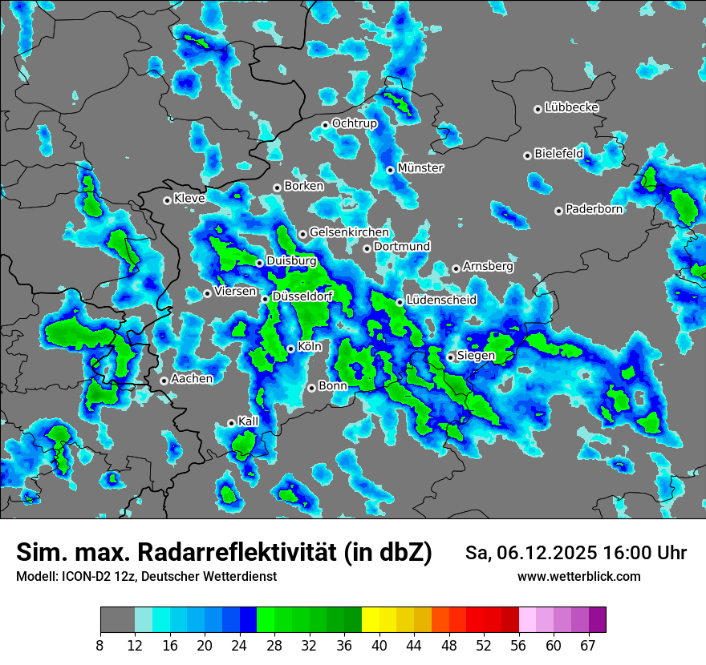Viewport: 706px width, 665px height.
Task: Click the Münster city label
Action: coord(420,168)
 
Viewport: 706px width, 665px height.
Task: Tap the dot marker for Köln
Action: coord(290,349)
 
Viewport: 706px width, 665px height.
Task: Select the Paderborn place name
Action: coord(594,209)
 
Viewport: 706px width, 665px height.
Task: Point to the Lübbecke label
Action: coord(571,107)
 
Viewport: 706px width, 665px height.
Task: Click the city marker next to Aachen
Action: coord(164,381)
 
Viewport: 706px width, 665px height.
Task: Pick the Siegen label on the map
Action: coord(476,356)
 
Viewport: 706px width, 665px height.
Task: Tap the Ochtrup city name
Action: coord(355,123)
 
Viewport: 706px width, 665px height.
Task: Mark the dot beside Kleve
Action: coord(167,200)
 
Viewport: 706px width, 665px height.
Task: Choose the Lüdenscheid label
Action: coord(441,300)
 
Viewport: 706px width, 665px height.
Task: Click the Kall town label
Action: coord(248,421)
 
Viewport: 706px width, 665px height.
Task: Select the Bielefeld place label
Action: coord(558,153)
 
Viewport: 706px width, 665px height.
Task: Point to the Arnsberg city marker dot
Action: coord(456,268)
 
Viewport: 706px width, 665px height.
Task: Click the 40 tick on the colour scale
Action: coord(379,645)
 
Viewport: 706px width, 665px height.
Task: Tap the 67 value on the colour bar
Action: coord(588,645)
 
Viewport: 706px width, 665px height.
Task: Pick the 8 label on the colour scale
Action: coord(100,645)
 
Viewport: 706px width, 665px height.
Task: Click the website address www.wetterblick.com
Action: coord(578,577)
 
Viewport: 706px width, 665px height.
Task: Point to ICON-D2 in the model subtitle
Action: coord(83,577)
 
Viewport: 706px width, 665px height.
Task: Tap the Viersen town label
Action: coord(234,292)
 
